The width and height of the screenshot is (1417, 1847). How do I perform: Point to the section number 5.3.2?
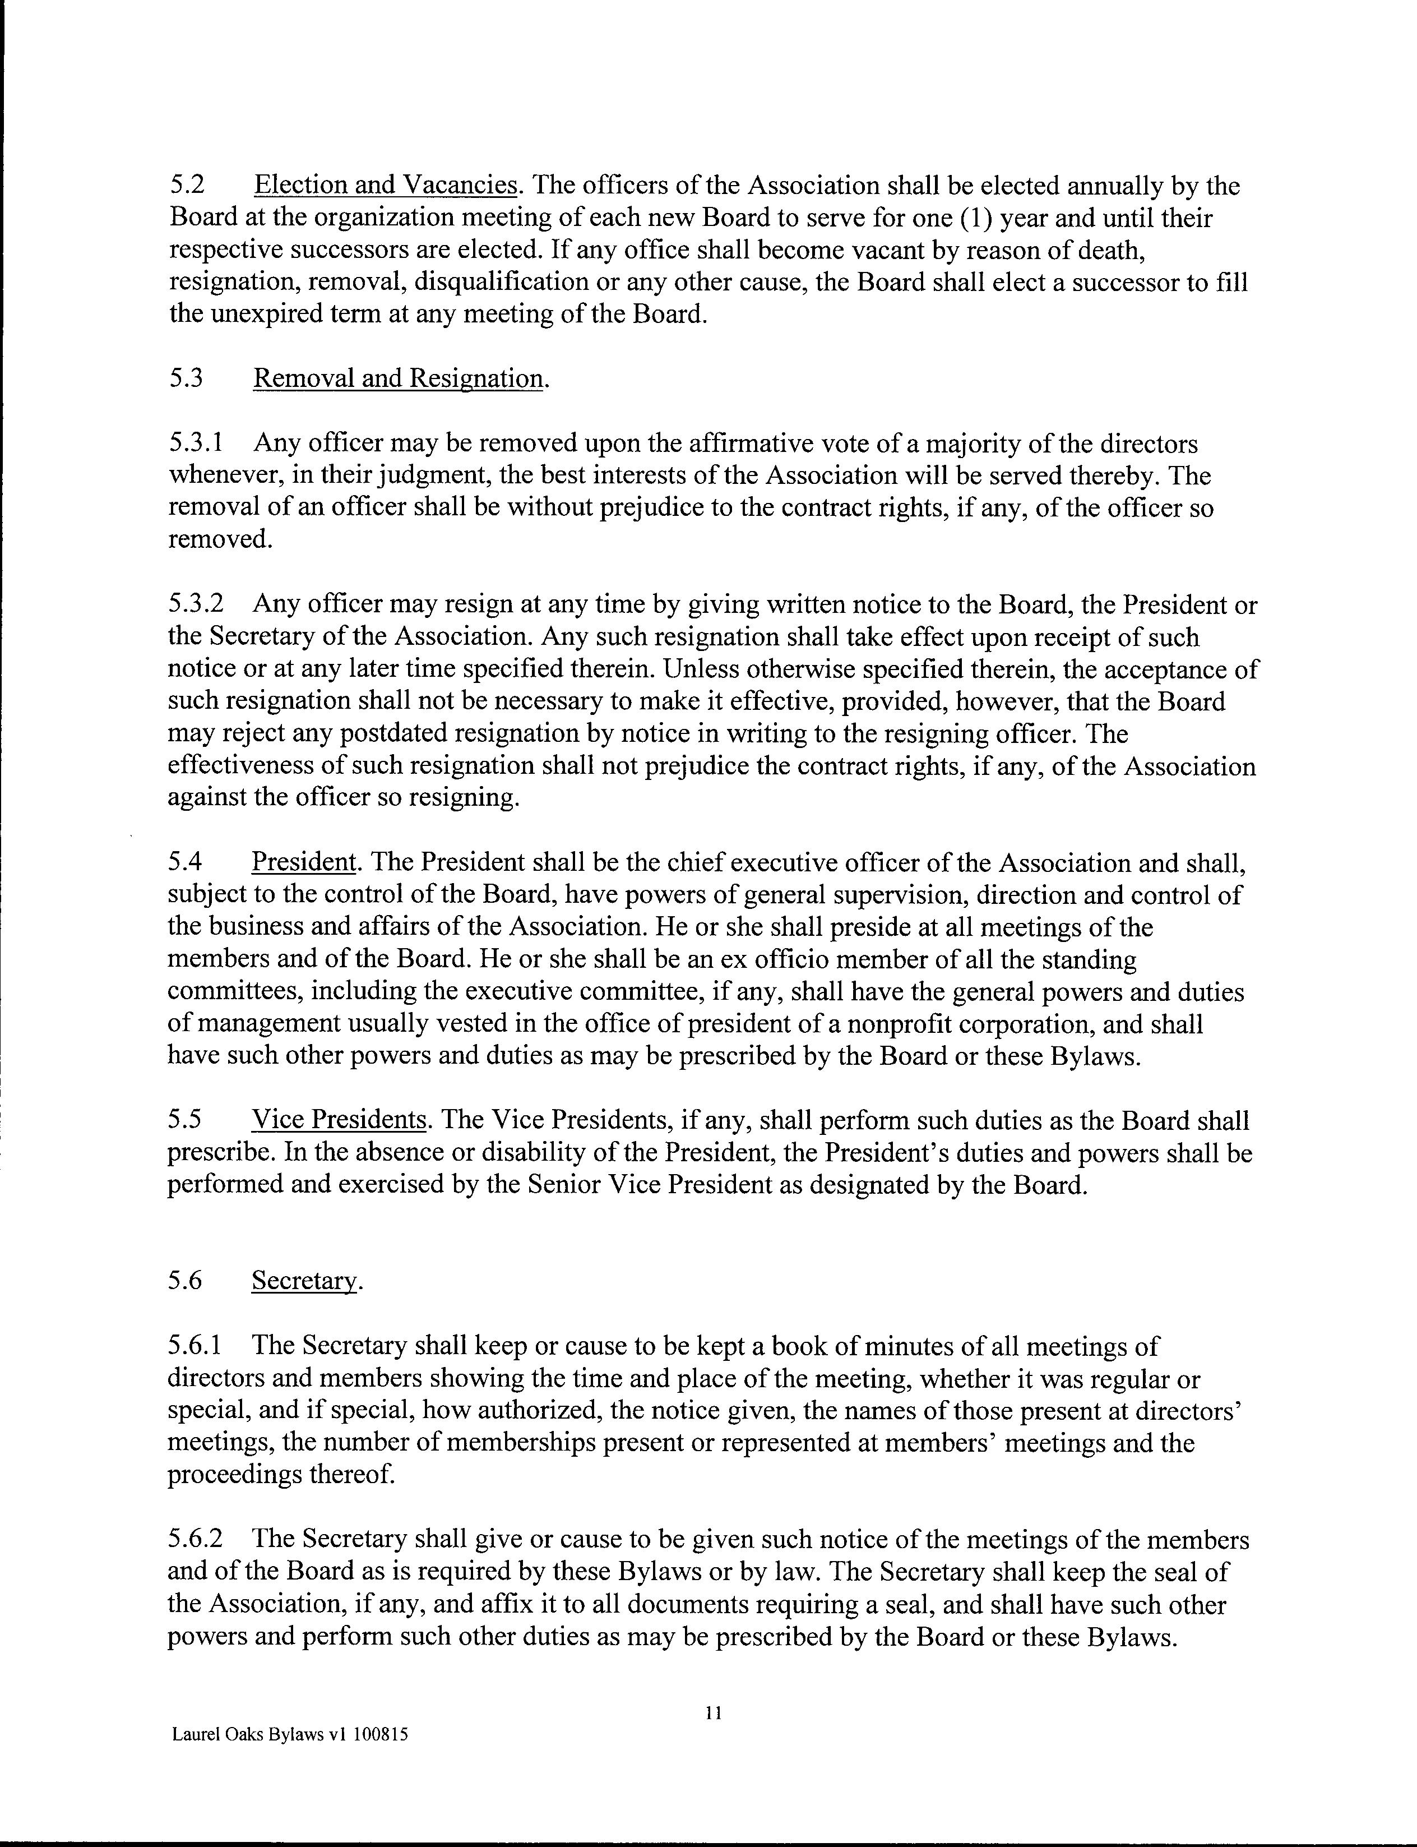196,605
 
